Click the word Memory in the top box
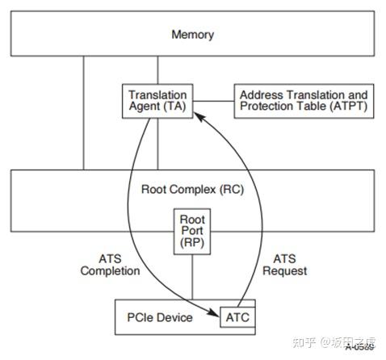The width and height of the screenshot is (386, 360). tap(193, 35)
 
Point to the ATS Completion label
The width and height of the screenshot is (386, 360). tap(110, 265)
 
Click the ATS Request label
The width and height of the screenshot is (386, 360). tap(284, 265)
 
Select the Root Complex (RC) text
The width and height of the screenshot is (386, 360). tap(192, 190)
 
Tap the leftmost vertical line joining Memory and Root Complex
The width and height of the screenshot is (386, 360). tap(82, 113)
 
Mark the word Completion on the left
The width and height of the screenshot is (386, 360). tap(110, 271)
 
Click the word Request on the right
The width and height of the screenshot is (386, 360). tap(284, 271)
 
